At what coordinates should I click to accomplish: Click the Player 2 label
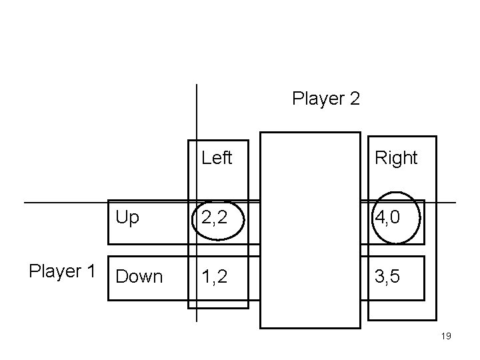click(x=326, y=99)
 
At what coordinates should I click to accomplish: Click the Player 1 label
click(x=62, y=271)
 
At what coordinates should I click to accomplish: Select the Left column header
click(x=217, y=158)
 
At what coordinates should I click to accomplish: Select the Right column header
click(x=396, y=158)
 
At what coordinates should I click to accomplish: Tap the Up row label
click(x=127, y=217)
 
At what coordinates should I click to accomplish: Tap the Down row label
click(x=139, y=277)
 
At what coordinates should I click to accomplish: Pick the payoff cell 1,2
click(x=213, y=277)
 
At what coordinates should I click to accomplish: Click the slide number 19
click(x=446, y=336)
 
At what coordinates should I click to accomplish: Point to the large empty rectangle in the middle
click(x=310, y=230)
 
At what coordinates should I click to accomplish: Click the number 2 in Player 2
click(x=354, y=99)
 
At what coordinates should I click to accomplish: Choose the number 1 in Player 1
click(x=91, y=271)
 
